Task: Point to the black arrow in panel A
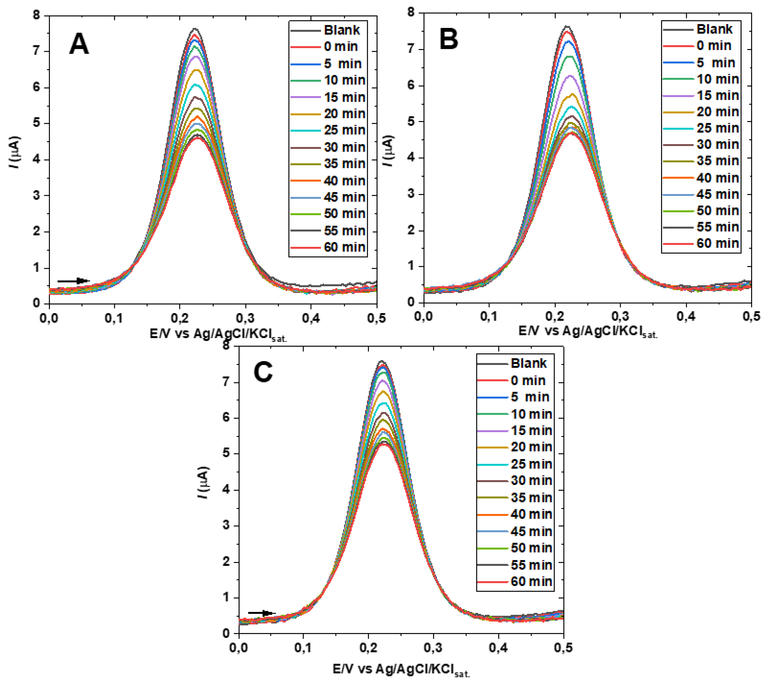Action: (x=73, y=281)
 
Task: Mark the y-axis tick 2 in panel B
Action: (x=411, y=230)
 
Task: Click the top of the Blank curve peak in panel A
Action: (x=195, y=29)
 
